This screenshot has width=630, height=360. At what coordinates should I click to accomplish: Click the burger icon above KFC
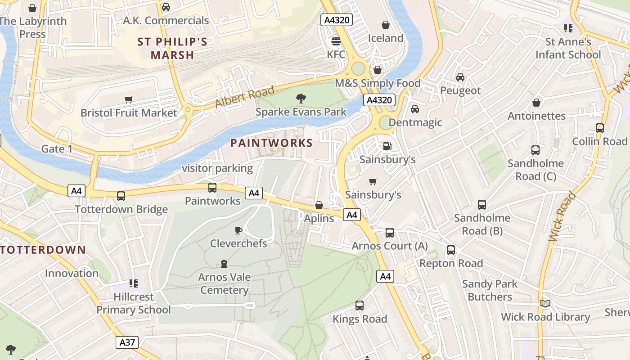(x=336, y=42)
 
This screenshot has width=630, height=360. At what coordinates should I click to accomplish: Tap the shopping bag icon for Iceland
(x=386, y=25)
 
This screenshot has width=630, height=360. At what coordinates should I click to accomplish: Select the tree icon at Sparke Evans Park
(x=301, y=98)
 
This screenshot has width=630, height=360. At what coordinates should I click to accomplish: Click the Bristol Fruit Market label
(x=129, y=112)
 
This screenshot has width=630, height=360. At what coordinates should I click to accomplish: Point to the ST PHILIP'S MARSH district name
(x=172, y=49)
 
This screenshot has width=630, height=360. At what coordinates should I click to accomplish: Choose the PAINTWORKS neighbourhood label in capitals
(x=271, y=143)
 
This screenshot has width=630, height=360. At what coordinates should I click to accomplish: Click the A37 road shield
(x=127, y=342)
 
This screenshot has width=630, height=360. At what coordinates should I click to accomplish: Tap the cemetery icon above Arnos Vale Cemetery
(x=224, y=264)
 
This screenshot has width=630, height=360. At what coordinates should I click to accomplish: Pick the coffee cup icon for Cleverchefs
(x=238, y=231)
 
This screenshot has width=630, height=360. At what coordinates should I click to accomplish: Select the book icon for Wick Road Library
(x=545, y=304)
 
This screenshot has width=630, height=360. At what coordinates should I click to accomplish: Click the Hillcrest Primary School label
(x=134, y=303)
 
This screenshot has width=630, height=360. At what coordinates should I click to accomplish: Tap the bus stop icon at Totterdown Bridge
(x=121, y=196)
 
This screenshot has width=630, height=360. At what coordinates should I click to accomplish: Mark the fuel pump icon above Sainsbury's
(x=387, y=146)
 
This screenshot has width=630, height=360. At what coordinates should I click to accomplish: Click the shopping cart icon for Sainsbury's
(x=373, y=181)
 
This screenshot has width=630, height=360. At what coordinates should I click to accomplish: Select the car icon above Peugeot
(x=460, y=77)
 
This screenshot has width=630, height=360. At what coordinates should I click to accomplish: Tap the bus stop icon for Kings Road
(x=360, y=306)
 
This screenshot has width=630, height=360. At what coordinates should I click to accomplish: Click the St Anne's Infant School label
(x=568, y=48)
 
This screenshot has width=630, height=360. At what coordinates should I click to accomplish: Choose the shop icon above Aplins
(x=319, y=206)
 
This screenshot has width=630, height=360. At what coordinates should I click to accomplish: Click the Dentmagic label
(x=415, y=122)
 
